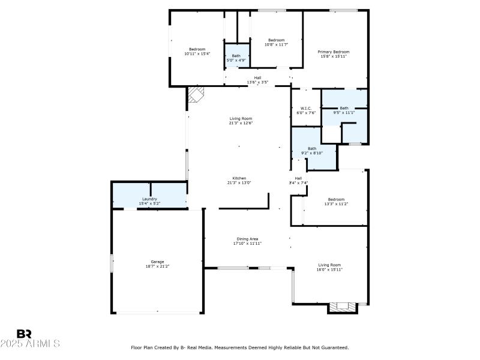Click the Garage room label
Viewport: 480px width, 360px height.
[x=157, y=264]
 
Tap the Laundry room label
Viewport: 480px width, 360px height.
[x=149, y=201]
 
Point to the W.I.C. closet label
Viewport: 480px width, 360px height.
[x=305, y=110]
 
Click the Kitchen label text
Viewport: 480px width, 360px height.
[x=239, y=180]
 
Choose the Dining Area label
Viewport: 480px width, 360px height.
[x=247, y=241]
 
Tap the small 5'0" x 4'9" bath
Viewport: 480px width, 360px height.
[x=236, y=58]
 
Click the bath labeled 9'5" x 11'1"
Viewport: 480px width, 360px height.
[x=344, y=110]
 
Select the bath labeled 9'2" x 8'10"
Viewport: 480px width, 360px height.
[x=312, y=151]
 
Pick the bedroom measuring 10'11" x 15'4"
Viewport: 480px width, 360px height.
[x=197, y=52]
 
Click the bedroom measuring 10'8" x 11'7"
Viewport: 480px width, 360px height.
[x=276, y=42]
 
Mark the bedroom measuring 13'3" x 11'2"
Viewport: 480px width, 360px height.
[x=336, y=202]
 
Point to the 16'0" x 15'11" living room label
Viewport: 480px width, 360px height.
[x=329, y=267]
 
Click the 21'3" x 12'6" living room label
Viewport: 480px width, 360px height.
[x=241, y=121]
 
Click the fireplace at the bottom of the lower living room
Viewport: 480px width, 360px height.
[x=343, y=307]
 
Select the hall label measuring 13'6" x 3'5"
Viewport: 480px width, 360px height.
[x=257, y=80]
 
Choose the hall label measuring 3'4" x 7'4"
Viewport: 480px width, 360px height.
[x=298, y=181]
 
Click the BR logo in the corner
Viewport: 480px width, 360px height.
[x=25, y=334]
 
